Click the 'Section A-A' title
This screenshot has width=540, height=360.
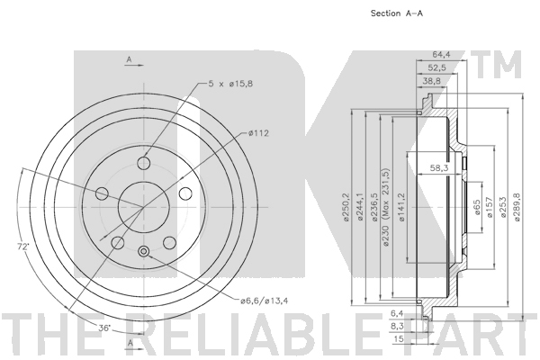click(396, 13)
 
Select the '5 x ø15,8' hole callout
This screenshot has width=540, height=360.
click(230, 84)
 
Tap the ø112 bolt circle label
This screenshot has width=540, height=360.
click(258, 133)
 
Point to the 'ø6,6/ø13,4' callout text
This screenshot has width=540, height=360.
click(265, 301)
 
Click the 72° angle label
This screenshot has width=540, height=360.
click(23, 247)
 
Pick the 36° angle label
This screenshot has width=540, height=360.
click(104, 328)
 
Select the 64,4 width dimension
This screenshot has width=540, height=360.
click(441, 54)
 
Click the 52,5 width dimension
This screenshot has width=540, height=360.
click(436, 67)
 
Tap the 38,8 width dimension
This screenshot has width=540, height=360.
click(432, 81)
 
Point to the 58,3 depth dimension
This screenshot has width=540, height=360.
click(439, 167)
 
